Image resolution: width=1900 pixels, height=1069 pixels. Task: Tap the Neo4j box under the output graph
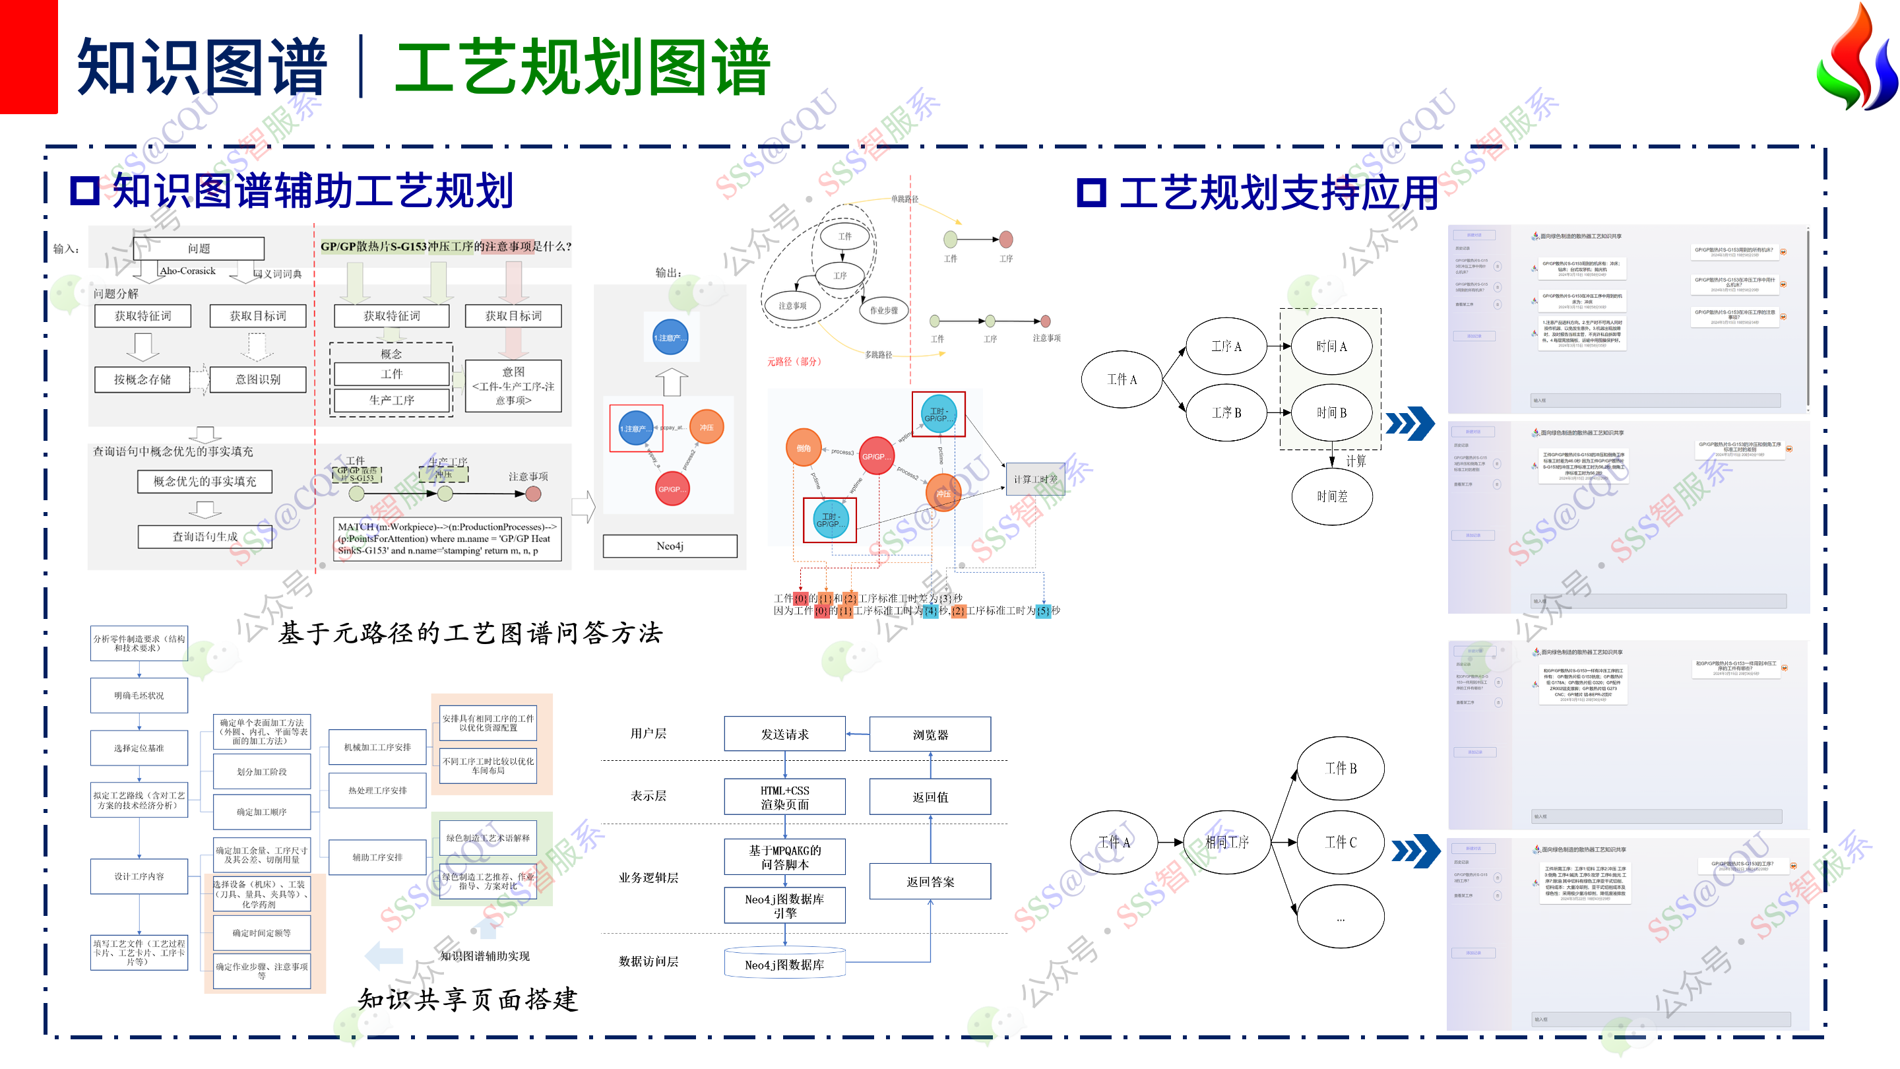[670, 546]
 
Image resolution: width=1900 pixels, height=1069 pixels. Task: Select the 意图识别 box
[257, 379]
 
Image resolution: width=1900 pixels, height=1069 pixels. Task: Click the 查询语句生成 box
[205, 536]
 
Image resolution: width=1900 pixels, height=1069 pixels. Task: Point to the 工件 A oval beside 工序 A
[1121, 379]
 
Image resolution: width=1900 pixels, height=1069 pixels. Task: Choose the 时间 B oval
[1331, 412]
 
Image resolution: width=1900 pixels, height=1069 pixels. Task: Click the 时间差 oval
[1331, 496]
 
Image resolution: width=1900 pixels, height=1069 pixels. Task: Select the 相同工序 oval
[1226, 842]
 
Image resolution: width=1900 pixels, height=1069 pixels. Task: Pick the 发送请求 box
[785, 734]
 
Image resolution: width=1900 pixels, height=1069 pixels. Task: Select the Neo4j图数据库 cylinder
[785, 964]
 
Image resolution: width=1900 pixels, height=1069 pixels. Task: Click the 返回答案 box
[930, 882]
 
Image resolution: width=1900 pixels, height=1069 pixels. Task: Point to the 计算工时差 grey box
[1035, 480]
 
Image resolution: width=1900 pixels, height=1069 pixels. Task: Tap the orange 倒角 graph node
[804, 448]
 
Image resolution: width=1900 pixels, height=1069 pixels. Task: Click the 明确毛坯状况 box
[139, 696]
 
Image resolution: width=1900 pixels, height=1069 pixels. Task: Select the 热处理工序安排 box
[377, 790]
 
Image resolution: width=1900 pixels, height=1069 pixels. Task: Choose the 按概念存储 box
[142, 379]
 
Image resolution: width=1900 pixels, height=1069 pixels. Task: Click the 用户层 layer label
[648, 733]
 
